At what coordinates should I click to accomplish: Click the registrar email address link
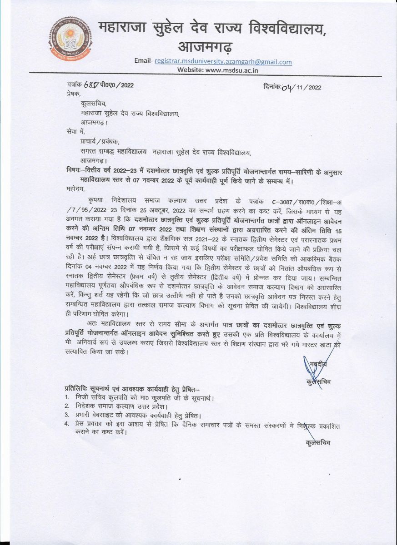[x=223, y=62]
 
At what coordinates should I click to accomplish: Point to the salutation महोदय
[x=75, y=187]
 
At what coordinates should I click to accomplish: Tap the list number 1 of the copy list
[x=66, y=398]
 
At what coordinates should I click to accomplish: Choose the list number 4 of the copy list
[x=66, y=424]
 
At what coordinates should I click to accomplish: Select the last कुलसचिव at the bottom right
[x=318, y=442]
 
